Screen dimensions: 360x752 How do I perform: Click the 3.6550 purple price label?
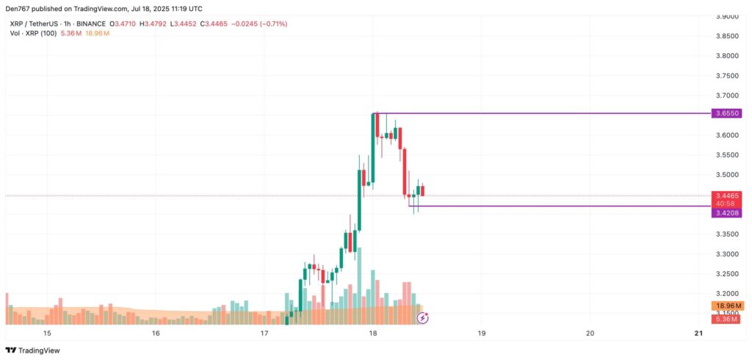coord(726,114)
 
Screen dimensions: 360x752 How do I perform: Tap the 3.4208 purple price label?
coord(726,212)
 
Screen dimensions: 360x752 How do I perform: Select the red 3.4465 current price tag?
coord(726,196)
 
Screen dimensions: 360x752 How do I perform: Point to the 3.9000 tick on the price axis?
coord(726,16)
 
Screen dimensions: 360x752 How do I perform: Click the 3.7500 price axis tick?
coord(726,76)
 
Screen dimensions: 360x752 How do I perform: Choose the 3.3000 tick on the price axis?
coord(726,254)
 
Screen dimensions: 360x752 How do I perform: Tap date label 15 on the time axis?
coord(47,333)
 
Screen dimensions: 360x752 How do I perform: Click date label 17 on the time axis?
coord(264,333)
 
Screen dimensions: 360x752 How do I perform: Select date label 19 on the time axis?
coord(481,333)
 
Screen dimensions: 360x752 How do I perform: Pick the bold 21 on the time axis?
coord(698,333)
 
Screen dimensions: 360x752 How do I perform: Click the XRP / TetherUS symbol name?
coord(32,24)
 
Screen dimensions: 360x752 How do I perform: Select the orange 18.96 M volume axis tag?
coord(726,306)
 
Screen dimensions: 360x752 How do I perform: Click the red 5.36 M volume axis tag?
coord(726,319)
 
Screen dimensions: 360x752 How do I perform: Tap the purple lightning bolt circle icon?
coord(423,318)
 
